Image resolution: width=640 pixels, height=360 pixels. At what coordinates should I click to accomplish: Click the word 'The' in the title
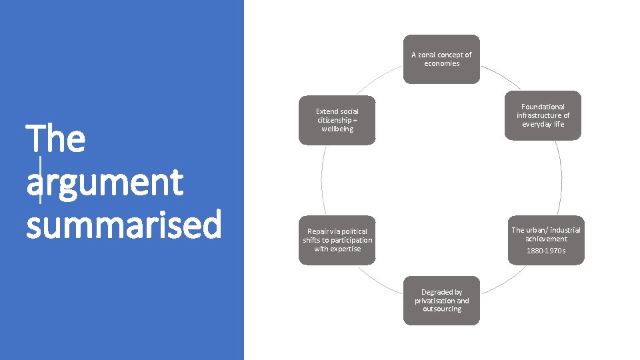[x=56, y=139]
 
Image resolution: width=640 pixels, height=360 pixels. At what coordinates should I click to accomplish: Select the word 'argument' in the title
[x=105, y=183]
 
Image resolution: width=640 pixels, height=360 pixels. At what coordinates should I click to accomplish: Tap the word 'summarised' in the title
[x=123, y=225]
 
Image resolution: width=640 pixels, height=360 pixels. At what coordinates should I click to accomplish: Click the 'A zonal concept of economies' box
[x=441, y=59]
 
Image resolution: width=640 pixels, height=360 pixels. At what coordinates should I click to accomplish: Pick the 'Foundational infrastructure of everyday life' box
[x=543, y=115]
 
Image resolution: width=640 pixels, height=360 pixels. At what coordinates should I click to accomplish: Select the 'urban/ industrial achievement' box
[x=545, y=240]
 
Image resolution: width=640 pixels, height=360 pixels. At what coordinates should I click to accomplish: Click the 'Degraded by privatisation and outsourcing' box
[x=441, y=301]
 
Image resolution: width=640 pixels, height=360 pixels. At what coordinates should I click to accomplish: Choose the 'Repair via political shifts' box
[x=337, y=240]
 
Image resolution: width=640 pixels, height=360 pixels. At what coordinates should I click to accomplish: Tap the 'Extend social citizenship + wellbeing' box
[x=337, y=120]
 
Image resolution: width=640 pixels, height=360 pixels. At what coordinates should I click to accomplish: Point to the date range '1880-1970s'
[x=545, y=251]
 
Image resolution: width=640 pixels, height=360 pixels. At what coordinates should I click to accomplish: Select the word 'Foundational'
[x=543, y=107]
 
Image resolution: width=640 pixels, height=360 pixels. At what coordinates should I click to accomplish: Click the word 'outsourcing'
[x=441, y=309]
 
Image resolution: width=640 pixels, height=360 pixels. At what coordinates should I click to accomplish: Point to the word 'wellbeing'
[x=337, y=129]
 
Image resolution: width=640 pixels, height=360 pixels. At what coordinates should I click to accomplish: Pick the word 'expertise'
[x=346, y=249]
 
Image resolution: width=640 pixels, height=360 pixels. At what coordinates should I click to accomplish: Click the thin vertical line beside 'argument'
[x=41, y=180]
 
